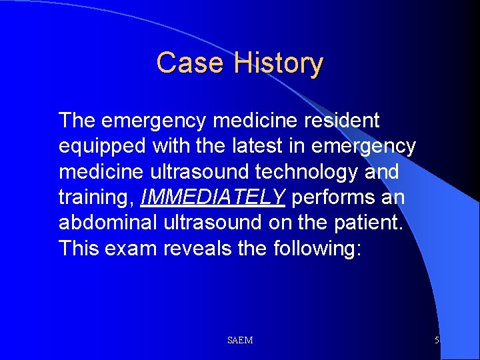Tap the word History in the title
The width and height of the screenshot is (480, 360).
click(x=279, y=63)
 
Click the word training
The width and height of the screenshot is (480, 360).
click(x=97, y=197)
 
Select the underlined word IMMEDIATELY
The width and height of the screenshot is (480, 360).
click(x=213, y=197)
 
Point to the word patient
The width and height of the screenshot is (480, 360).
click(x=369, y=223)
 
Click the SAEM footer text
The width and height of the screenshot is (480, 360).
click(x=240, y=341)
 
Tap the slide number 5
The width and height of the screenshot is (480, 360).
click(x=437, y=341)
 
